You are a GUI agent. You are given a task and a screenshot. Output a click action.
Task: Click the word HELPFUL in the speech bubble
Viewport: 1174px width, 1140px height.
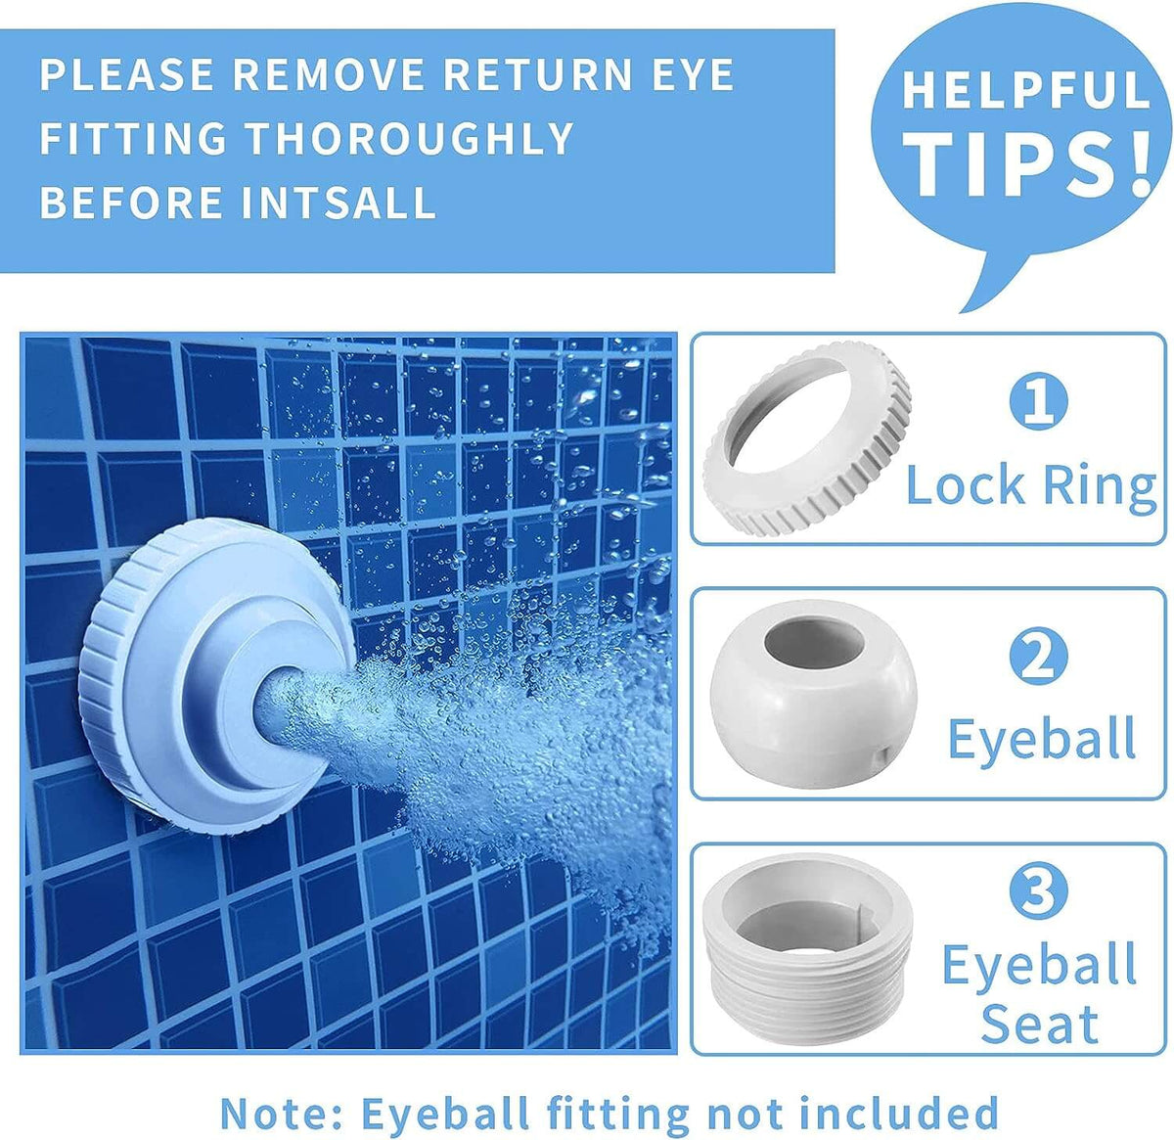pos(1026,90)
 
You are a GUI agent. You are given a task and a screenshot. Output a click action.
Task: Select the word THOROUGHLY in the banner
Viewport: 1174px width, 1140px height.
pos(409,138)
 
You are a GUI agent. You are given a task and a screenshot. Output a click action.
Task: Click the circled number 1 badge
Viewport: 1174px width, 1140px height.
pos(1039,401)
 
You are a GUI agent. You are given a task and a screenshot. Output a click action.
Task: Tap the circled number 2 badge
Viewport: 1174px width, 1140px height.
pos(1039,656)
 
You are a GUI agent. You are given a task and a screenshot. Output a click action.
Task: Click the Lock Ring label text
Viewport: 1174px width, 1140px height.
pos(1031,485)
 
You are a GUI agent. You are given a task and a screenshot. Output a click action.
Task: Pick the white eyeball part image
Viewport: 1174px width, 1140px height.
pos(813,694)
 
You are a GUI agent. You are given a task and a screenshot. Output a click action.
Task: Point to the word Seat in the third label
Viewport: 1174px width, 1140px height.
pos(1039,1024)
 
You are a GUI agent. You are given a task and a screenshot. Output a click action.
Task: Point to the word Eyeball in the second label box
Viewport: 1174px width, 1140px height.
pos(1042,738)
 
